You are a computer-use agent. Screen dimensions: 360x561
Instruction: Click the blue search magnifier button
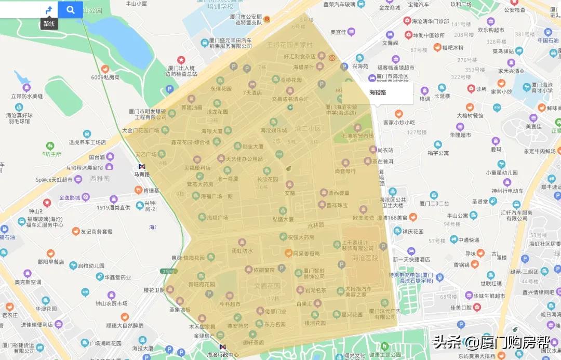[x=71, y=9]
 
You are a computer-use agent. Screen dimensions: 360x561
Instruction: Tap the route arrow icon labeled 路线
[x=49, y=10]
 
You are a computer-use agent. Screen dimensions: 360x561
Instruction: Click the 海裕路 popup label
[x=378, y=92]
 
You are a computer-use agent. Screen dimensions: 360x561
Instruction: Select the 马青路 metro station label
[x=141, y=174]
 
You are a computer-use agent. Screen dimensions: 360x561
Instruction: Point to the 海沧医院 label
[x=365, y=258]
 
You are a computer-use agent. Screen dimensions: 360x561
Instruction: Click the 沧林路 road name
[x=315, y=225]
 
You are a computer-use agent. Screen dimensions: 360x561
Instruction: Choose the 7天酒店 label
[x=252, y=92]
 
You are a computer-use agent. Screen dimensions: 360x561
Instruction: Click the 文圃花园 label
[x=267, y=285]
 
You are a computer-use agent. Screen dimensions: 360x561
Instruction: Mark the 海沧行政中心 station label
[x=223, y=355]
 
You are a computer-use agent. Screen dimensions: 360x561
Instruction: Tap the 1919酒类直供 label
[x=113, y=208]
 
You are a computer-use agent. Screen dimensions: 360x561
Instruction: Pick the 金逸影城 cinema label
[x=70, y=197]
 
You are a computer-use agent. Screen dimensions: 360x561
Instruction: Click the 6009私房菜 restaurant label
[x=105, y=77]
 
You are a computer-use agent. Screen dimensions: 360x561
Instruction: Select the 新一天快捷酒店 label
[x=411, y=259]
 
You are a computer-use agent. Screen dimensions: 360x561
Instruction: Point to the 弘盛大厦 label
[x=283, y=219]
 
